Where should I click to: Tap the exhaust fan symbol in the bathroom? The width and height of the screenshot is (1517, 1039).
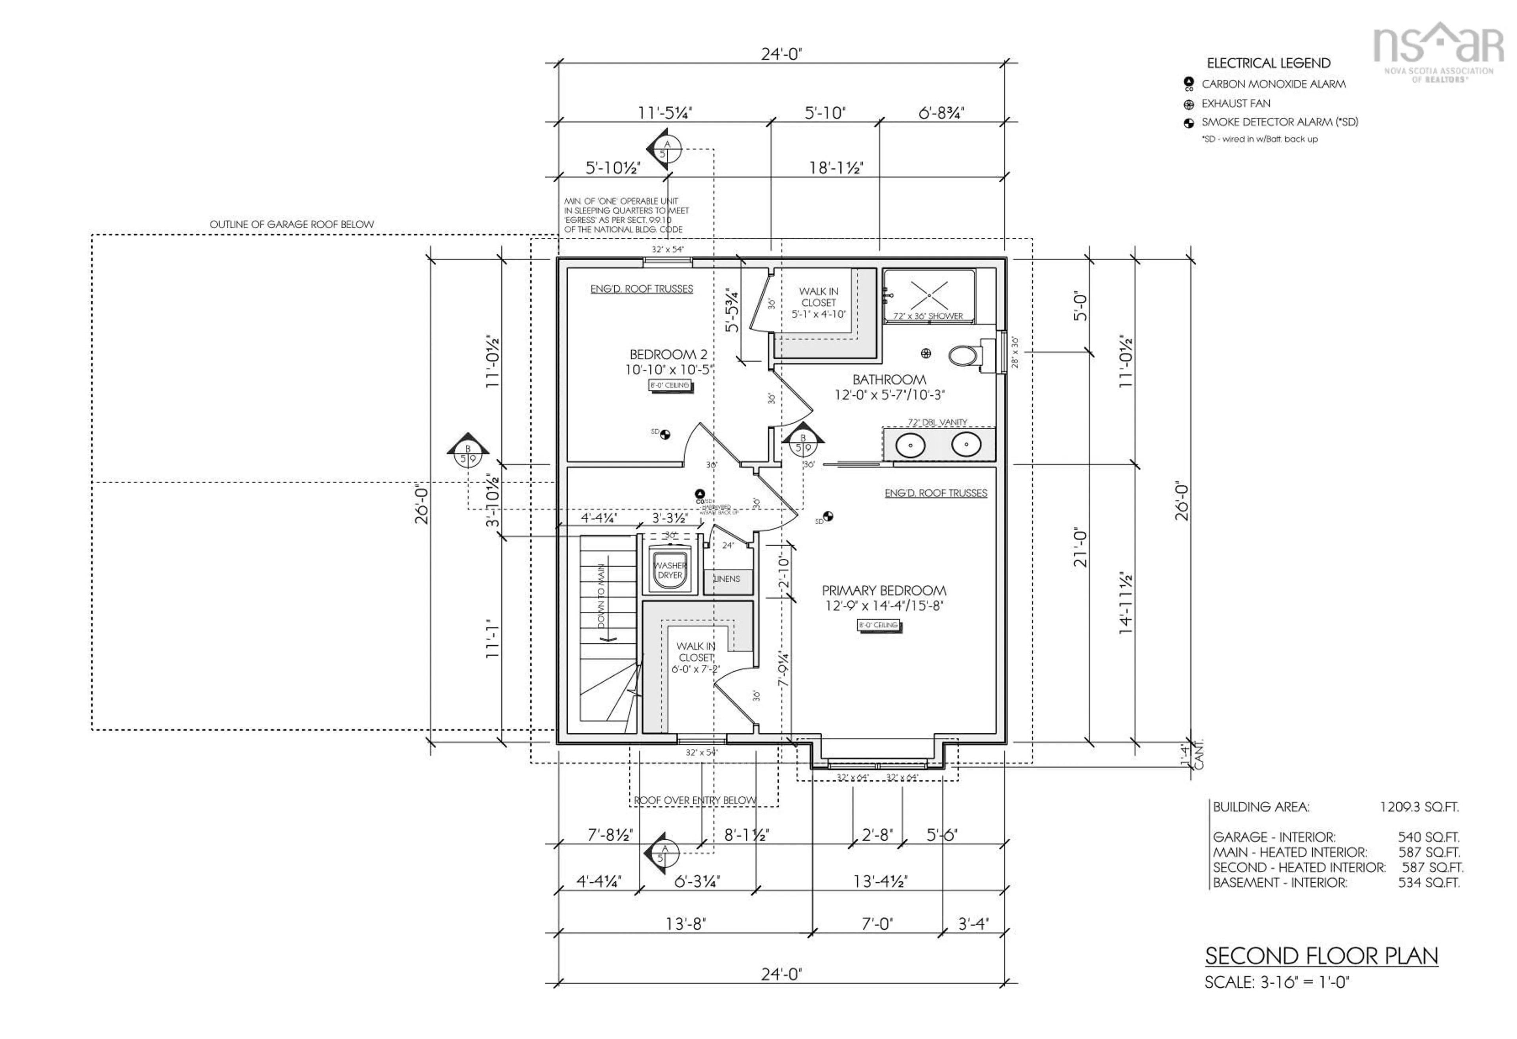pos(926,353)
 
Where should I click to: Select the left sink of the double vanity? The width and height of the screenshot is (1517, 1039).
pos(910,446)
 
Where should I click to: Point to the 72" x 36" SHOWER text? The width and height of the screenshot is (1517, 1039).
pos(928,316)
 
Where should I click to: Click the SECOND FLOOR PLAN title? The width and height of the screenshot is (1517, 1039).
pos(1321,956)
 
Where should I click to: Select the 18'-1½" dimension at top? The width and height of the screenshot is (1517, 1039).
pos(836,168)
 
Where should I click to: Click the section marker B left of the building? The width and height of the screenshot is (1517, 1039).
pos(467,450)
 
